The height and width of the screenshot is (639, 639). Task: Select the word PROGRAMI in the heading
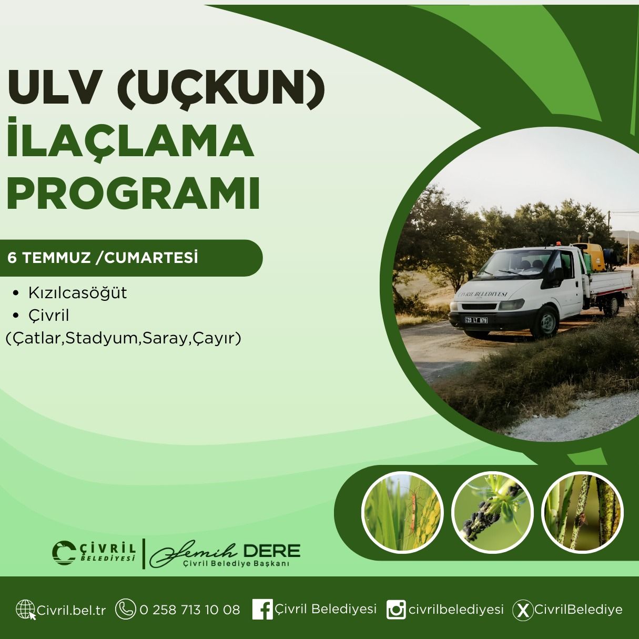tap(133, 194)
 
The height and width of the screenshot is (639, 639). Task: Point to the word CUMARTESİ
tap(151, 258)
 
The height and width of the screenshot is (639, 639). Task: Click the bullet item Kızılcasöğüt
tap(78, 293)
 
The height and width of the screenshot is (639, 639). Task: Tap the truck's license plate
tap(476, 320)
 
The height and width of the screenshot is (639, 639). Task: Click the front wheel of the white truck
tap(545, 322)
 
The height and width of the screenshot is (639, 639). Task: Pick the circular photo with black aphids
tap(492, 513)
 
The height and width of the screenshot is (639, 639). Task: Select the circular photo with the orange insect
tap(402, 513)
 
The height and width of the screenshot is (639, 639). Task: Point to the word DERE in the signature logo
tap(271, 551)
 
